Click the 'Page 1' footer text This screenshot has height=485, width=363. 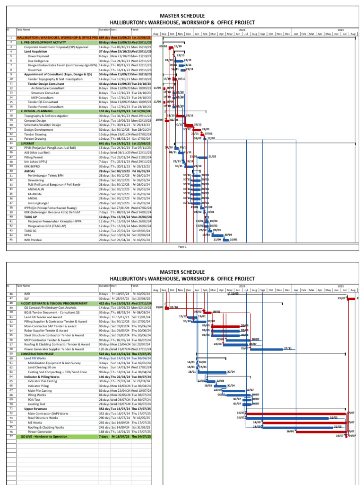click(x=182, y=247)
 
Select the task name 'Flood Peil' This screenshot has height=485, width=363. click(x=35, y=69)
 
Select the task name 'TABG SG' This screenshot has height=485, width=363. click(x=31, y=231)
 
